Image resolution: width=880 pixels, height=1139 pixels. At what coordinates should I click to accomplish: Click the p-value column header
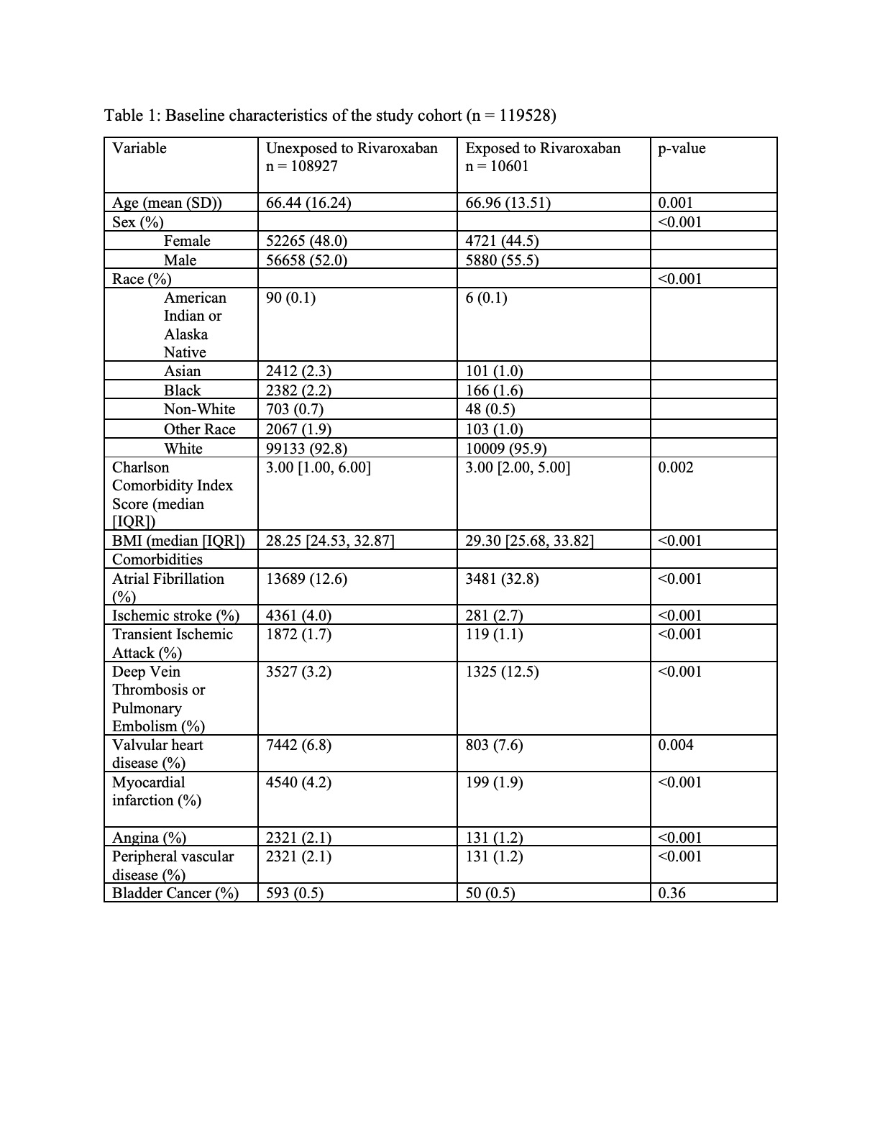tap(682, 149)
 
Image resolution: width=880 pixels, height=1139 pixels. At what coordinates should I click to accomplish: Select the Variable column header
tap(139, 149)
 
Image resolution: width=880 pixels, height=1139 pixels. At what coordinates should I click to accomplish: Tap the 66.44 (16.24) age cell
tap(308, 203)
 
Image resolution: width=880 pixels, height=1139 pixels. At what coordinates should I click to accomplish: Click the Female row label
tap(187, 241)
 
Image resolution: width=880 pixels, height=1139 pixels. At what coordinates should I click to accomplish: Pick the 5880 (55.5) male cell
tap(502, 260)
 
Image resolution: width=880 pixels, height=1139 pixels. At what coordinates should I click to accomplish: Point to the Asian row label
tap(183, 371)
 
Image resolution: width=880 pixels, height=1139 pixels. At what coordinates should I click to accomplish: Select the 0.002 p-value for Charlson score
tap(676, 468)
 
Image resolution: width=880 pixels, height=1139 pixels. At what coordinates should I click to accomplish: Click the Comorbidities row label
tap(157, 559)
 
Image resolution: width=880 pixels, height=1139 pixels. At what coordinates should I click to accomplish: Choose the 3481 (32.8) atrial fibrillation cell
tap(502, 579)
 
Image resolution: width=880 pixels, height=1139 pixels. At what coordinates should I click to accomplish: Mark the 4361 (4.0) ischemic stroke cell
tap(298, 616)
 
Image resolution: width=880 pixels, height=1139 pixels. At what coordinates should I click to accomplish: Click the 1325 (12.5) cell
tap(502, 672)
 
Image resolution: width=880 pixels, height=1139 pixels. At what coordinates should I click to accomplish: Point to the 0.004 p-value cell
tap(676, 745)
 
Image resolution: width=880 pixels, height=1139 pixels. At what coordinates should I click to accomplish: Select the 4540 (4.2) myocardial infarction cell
tap(298, 782)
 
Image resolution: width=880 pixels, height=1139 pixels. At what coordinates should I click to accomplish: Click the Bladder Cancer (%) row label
tap(175, 893)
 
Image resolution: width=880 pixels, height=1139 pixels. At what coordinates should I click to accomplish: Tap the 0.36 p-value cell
tap(672, 893)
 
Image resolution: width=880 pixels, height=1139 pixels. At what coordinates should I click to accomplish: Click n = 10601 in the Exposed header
tap(497, 167)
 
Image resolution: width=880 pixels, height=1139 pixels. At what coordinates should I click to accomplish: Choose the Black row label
tap(183, 390)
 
